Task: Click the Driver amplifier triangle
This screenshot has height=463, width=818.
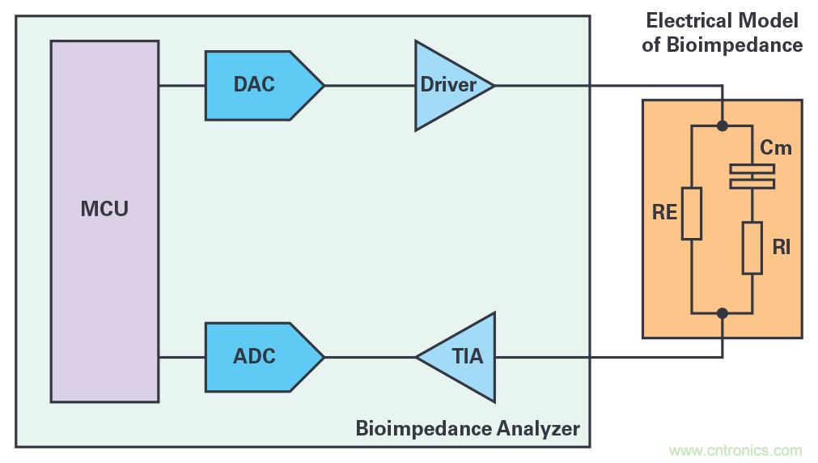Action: [449, 85]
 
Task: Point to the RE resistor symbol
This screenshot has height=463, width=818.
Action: [691, 214]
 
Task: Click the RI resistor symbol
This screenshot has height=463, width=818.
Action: [752, 248]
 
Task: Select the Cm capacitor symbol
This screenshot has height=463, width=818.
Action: [752, 176]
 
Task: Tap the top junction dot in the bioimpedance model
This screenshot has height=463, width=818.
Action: [722, 126]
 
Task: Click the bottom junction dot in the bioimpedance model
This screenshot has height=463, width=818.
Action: [722, 312]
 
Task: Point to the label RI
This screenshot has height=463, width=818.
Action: [781, 248]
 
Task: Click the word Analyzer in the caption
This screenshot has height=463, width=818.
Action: [536, 427]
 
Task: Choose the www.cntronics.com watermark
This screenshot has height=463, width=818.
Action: [736, 451]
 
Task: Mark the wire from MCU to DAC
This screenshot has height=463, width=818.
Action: [182, 85]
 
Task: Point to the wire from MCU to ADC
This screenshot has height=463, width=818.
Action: [182, 356]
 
